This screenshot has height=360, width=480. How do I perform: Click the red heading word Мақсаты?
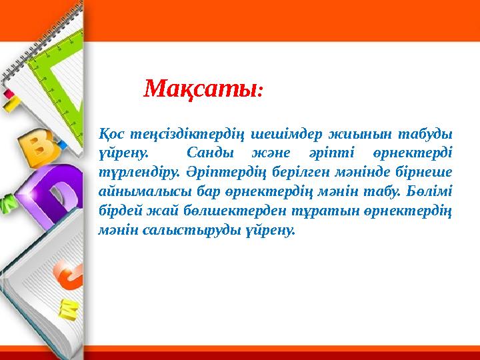pyautogui.click(x=201, y=87)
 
